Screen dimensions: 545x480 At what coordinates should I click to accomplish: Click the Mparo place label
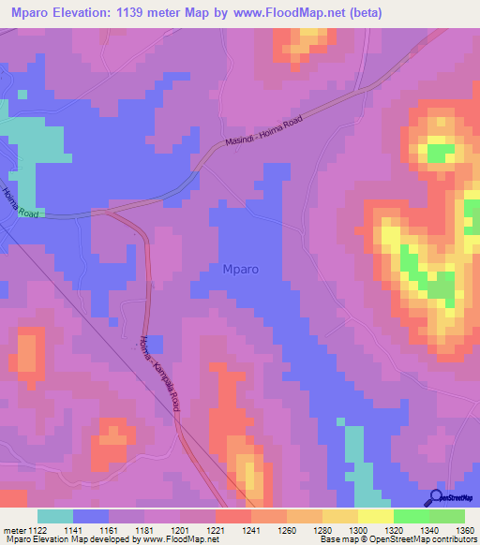pyautogui.click(x=241, y=270)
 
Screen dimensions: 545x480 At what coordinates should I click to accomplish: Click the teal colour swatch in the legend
pyautogui.click(x=54, y=516)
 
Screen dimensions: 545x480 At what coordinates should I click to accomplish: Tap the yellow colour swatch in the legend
pyautogui.click(x=375, y=516)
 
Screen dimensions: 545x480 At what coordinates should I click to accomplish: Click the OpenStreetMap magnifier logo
pyautogui.click(x=434, y=497)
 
